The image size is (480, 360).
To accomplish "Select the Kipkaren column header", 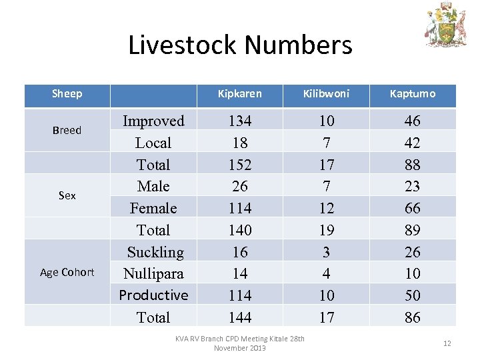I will pyautogui.click(x=240, y=94).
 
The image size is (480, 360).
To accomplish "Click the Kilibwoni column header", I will pyautogui.click(x=326, y=94).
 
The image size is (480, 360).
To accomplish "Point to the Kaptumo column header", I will pyautogui.click(x=413, y=94).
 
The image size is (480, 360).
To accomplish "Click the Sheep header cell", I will pyautogui.click(x=67, y=94).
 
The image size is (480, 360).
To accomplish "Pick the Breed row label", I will pyautogui.click(x=67, y=131).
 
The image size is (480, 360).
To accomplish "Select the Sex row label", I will pyautogui.click(x=67, y=195).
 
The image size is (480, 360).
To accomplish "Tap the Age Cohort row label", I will pyautogui.click(x=67, y=272).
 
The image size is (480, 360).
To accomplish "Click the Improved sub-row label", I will pyautogui.click(x=153, y=121).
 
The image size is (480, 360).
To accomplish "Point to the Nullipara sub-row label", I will pyautogui.click(x=153, y=273).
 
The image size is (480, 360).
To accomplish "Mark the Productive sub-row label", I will pyautogui.click(x=153, y=295).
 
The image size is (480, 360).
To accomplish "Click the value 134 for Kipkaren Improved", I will pyautogui.click(x=240, y=121).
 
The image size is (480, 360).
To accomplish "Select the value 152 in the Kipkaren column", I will pyautogui.click(x=240, y=165).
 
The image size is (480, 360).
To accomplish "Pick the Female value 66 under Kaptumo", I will pyautogui.click(x=413, y=208).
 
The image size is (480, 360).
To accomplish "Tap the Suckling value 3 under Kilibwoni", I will pyautogui.click(x=326, y=252).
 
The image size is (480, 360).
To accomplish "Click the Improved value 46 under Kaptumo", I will pyautogui.click(x=413, y=121).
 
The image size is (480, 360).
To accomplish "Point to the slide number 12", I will pyautogui.click(x=447, y=343).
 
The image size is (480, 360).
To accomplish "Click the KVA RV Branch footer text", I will pyautogui.click(x=240, y=343).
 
